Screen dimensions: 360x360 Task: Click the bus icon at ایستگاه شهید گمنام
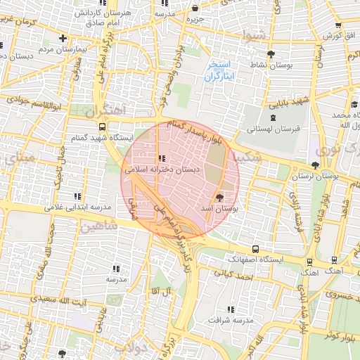(103, 127)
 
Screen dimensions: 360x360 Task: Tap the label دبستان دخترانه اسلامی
(162, 169)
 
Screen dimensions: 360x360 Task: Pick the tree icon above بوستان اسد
(220, 197)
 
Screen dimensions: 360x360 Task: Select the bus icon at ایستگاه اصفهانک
(255, 249)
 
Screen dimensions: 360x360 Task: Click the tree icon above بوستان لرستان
(314, 165)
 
